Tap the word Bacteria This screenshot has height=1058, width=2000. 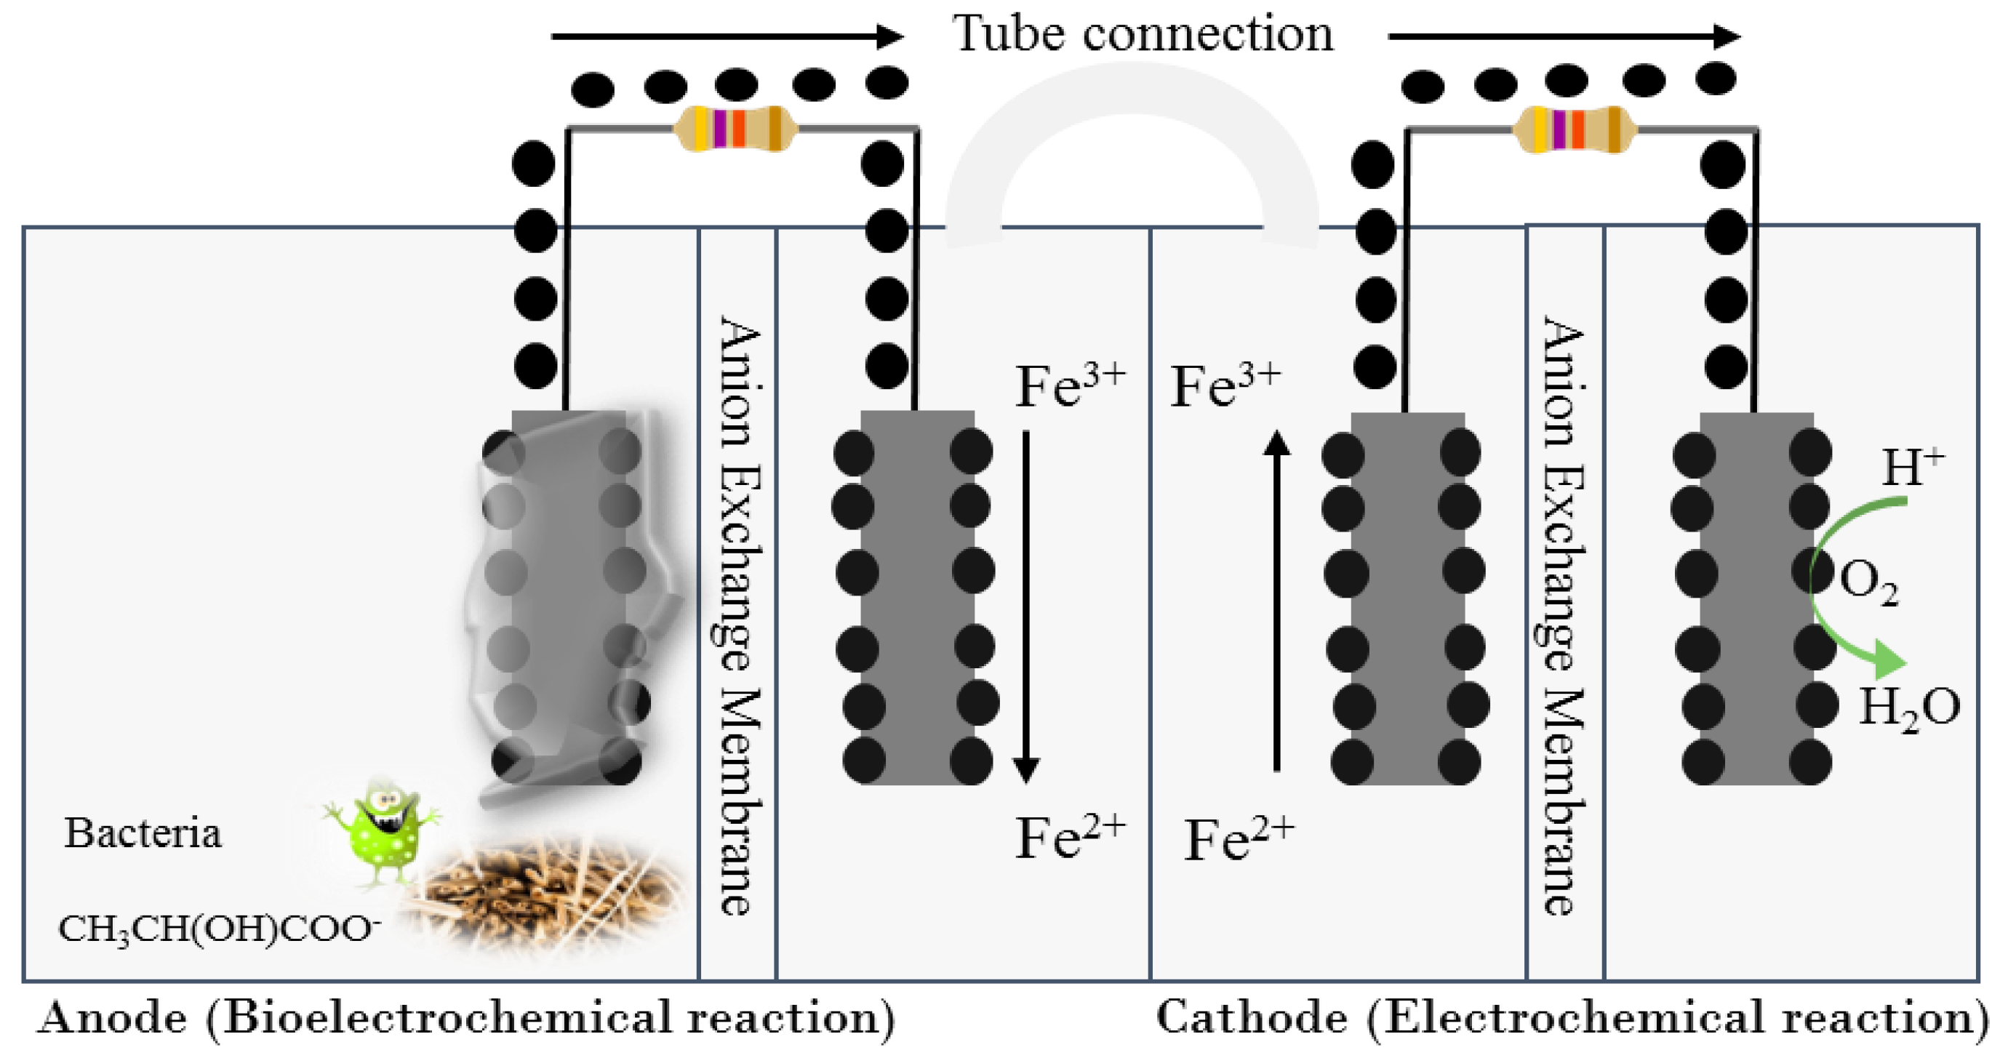click(143, 833)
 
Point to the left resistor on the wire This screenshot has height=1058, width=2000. click(735, 128)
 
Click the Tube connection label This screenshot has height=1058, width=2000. click(1142, 35)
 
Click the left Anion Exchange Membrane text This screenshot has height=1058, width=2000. click(737, 613)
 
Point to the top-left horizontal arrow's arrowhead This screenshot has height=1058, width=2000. click(889, 36)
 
